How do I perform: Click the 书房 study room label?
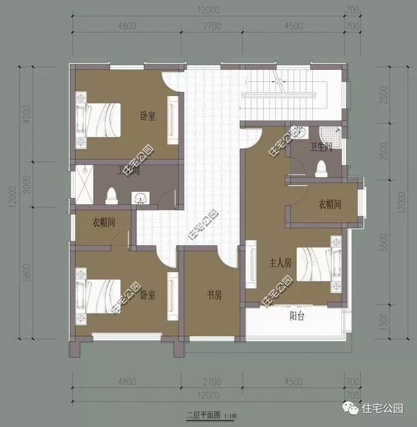click(215, 295)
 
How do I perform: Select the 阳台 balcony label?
click(297, 317)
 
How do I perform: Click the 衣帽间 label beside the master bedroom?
click(330, 204)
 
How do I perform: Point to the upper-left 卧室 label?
click(148, 116)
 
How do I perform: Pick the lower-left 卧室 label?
click(148, 295)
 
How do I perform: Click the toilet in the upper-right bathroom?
click(321, 169)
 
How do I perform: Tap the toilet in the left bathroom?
click(111, 194)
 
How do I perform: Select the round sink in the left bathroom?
click(139, 198)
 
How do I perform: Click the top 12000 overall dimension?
click(209, 10)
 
